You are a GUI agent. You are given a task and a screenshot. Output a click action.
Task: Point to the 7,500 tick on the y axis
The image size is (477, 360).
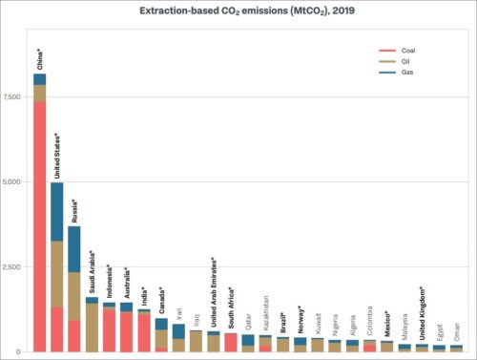(15, 97)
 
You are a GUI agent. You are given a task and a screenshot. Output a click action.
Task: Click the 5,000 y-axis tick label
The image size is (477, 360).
(15, 181)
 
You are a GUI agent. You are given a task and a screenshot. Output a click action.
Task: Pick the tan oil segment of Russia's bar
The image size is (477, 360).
(74, 296)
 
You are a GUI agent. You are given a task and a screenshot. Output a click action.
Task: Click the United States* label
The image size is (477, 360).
(57, 156)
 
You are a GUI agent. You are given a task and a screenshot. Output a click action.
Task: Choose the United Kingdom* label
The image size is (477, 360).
(421, 314)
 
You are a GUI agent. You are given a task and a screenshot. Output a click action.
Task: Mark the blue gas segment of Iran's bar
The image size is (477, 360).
(178, 331)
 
